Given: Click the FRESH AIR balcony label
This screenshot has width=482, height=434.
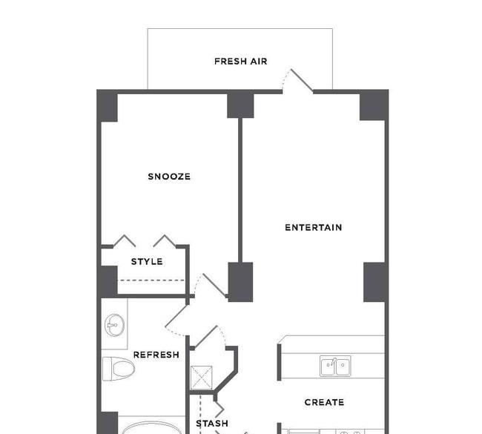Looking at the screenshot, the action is (x=241, y=62).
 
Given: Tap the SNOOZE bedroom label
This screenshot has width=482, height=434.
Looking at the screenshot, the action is (x=169, y=177).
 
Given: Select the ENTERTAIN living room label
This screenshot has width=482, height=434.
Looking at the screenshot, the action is (x=313, y=228).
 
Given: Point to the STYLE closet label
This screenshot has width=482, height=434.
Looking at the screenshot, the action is (x=147, y=262).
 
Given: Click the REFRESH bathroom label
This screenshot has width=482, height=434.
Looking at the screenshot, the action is (x=156, y=355).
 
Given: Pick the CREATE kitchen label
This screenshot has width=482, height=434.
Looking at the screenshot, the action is (x=324, y=402).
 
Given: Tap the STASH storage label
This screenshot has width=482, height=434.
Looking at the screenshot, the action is (x=212, y=424).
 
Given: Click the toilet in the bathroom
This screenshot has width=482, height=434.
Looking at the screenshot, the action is (x=119, y=369).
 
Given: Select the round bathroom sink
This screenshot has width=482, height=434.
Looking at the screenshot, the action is (x=115, y=325).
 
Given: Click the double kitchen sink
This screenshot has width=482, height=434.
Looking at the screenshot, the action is (x=335, y=366).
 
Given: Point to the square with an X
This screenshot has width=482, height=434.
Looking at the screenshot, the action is (x=202, y=378).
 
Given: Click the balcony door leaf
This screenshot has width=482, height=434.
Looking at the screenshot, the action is (x=302, y=81).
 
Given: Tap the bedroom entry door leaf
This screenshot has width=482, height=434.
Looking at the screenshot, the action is (x=214, y=285).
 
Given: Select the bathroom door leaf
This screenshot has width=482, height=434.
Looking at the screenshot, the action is (x=176, y=316).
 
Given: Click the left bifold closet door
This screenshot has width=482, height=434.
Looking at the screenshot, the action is (x=125, y=240).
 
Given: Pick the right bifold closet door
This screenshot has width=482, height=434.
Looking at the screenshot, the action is (x=165, y=241).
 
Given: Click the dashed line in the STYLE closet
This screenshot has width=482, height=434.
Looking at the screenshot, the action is (x=151, y=280).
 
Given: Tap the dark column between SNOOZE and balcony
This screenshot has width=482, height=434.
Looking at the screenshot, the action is (x=240, y=105).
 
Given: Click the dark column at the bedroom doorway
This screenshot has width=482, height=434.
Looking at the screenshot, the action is (x=240, y=282).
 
